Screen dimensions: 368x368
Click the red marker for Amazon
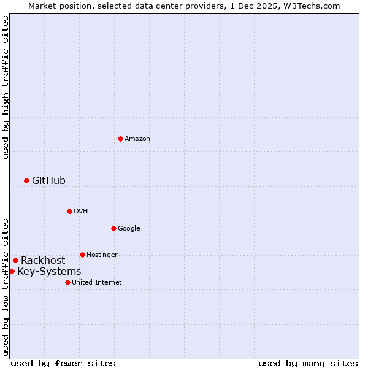coord(120,139)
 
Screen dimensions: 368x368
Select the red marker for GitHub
coord(26,180)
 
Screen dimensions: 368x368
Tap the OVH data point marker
coord(69,211)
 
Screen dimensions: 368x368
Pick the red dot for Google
coord(113,228)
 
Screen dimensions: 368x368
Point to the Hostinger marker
coord(82,255)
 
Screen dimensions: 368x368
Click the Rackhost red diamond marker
coord(15,260)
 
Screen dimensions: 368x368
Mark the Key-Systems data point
coord(12,271)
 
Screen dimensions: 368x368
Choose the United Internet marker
coord(67,282)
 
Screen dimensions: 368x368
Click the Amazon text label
coord(137,139)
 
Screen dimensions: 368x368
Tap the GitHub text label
coord(48,180)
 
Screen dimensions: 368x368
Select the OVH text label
coord(81,212)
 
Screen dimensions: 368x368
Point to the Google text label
coord(129,229)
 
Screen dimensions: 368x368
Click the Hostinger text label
coord(102,255)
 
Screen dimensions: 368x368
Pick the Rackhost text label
coord(43,260)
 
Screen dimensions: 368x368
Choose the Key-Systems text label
coord(49,271)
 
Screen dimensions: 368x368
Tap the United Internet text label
coord(96,283)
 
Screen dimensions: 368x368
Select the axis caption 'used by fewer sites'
coord(63,363)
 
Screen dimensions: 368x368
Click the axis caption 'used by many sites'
coord(308,363)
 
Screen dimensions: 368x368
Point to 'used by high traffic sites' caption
coord(6,87)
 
